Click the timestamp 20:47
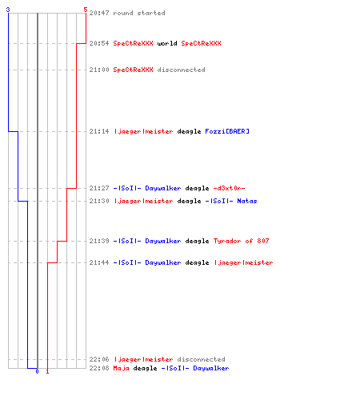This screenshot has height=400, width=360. click(x=99, y=13)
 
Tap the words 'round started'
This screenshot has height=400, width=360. click(x=139, y=13)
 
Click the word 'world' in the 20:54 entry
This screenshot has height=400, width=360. click(x=167, y=43)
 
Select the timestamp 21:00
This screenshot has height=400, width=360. click(x=99, y=70)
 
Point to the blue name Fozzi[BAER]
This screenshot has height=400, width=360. click(x=227, y=131)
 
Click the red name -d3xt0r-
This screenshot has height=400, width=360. click(x=229, y=188)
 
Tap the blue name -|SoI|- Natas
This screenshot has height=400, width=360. click(x=231, y=201)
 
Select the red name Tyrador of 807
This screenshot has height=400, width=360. click(x=241, y=241)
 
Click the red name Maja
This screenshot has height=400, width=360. click(x=122, y=368)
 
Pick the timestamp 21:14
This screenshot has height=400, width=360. click(x=99, y=131)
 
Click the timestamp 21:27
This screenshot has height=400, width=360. click(x=99, y=188)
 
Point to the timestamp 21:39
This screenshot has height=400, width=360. click(x=99, y=241)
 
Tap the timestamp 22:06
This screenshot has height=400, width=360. click(x=99, y=359)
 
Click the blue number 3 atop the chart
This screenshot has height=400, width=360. click(x=8, y=10)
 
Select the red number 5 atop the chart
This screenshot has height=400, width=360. click(x=86, y=10)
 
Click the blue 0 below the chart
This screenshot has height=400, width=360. click(x=37, y=371)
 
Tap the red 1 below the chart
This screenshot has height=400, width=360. click(x=47, y=371)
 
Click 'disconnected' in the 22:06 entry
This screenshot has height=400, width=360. click(x=202, y=359)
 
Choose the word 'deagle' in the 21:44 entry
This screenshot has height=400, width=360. click(x=197, y=262)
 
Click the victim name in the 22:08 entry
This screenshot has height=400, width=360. click(x=195, y=368)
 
